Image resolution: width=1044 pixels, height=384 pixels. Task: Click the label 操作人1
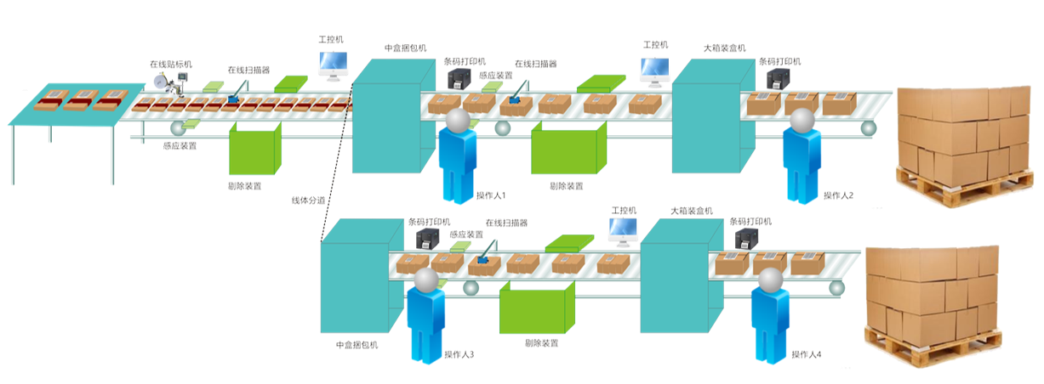point(491,196)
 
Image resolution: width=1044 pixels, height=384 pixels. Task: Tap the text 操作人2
point(838,196)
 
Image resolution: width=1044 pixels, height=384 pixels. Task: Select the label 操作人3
point(459,354)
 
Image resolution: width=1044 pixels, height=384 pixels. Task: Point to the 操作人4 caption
point(806,354)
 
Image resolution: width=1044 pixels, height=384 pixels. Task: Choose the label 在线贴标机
point(171,64)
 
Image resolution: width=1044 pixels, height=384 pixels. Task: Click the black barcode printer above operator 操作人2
point(779,80)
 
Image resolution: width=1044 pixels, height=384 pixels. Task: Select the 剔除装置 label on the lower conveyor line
point(542,343)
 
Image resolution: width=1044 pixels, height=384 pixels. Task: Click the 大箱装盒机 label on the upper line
point(724,48)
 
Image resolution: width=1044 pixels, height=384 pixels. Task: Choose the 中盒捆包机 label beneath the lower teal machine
point(357,346)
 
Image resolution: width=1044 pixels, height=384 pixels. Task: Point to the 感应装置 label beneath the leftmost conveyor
point(180,146)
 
